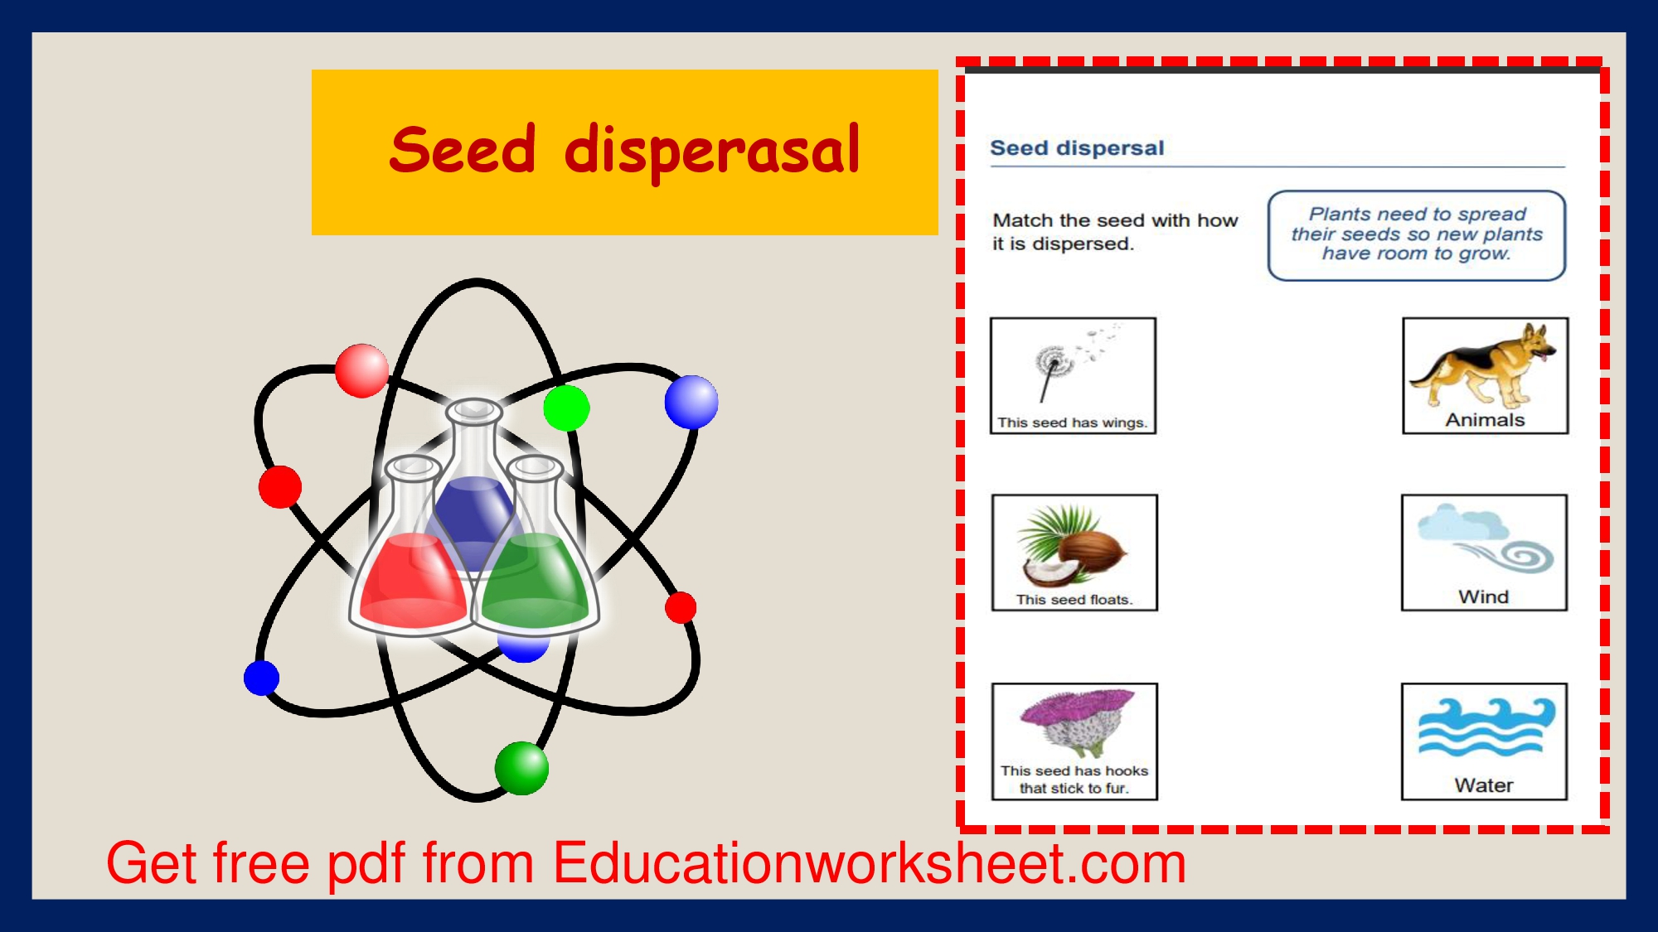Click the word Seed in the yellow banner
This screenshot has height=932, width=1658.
pos(463,150)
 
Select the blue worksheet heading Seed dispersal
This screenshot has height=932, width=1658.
pos(1077,148)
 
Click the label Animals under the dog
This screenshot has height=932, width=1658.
pos(1485,420)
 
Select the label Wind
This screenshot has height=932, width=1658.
pos(1483,596)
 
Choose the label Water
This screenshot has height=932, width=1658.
pos(1484,785)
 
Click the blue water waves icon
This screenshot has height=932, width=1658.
pos(1486,727)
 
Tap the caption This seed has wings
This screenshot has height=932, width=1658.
pos(1072,423)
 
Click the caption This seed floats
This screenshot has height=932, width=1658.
pos(1074,600)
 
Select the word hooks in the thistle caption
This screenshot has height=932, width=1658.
pos(1127,771)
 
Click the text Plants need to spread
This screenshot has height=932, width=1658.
pos(1418,215)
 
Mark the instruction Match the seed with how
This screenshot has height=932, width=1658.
pos(1115,220)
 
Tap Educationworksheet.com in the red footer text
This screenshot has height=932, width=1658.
pos(870,863)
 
